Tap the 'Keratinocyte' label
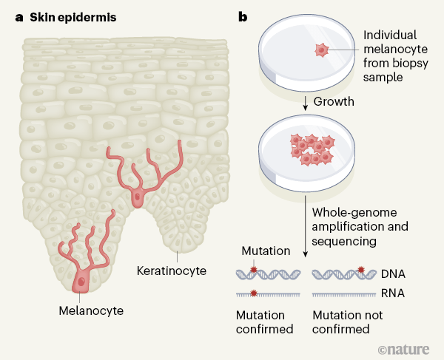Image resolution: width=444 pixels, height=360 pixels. pos(171,271)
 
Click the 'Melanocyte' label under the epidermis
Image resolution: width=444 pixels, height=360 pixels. pos(90,309)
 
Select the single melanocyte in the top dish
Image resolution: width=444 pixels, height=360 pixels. pos(321,50)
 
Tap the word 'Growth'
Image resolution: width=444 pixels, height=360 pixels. pos(333,101)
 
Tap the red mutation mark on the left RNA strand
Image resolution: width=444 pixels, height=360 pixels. pos(254,293)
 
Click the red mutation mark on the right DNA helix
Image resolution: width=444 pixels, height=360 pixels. pos(362,269)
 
